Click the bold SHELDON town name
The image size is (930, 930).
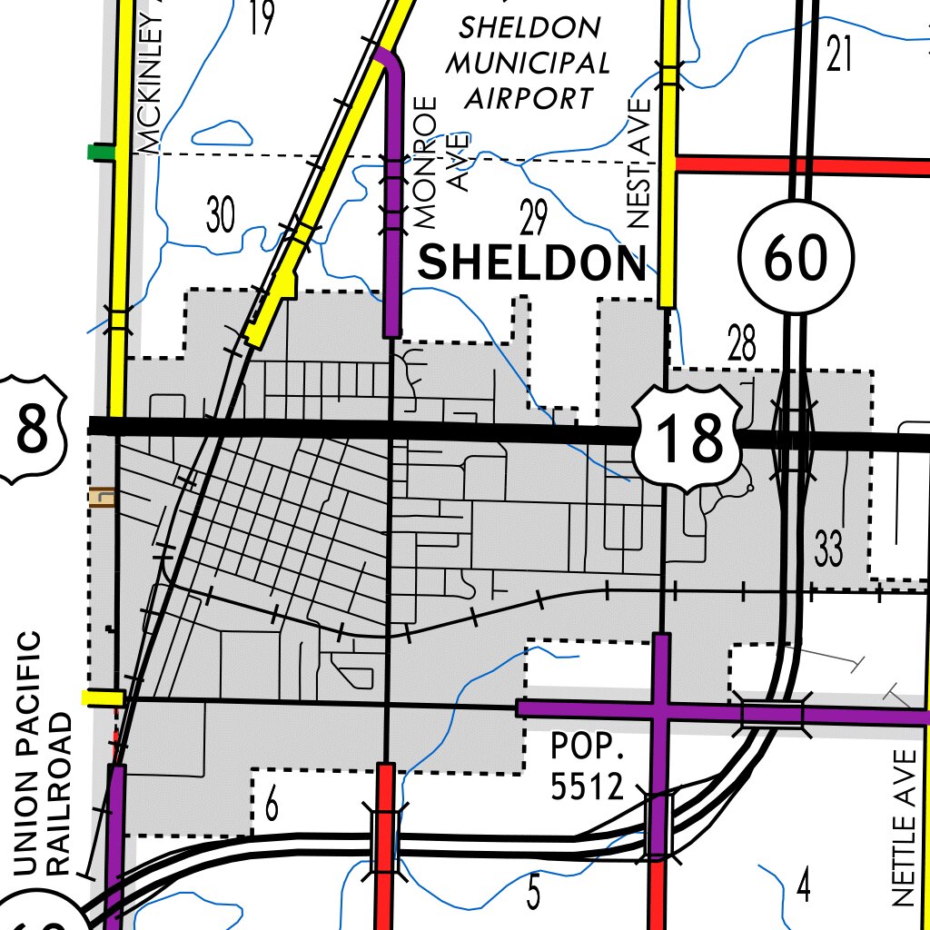(x=531, y=263)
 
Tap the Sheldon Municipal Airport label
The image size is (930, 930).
(x=531, y=62)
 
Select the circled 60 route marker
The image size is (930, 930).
(x=796, y=258)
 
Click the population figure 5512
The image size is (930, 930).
(x=588, y=787)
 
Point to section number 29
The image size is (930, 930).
(x=534, y=218)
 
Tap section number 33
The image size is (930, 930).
(x=828, y=549)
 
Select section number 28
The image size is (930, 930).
(x=741, y=345)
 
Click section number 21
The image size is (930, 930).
(x=840, y=56)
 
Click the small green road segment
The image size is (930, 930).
(x=100, y=152)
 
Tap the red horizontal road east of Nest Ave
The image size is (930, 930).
(x=799, y=165)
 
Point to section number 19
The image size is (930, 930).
(x=261, y=18)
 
